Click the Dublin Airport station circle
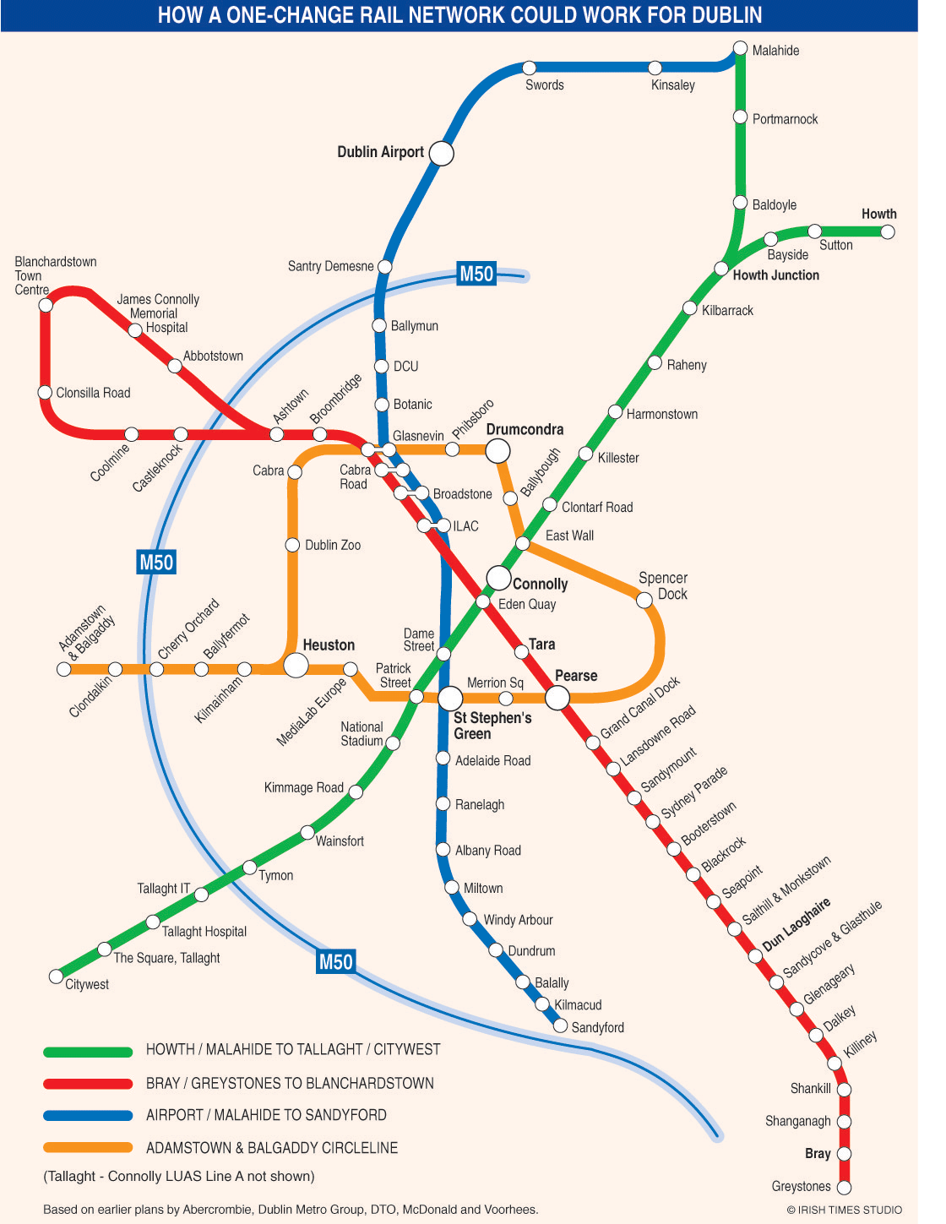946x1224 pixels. [441, 153]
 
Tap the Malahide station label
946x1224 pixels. [775, 51]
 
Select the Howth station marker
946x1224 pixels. [887, 231]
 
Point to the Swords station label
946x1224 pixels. [544, 85]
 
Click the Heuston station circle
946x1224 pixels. [296, 665]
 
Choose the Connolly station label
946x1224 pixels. [540, 584]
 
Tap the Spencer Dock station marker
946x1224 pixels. [644, 600]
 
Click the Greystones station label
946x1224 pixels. [801, 1187]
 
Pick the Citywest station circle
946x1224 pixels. [57, 976]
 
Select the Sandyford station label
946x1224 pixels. [597, 1028]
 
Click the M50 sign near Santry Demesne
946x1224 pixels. [476, 274]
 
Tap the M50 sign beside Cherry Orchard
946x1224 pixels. [156, 562]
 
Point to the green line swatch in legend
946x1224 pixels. [88, 1052]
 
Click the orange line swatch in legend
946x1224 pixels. [88, 1147]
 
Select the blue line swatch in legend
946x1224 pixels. [88, 1115]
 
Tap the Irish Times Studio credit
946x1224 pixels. [844, 1210]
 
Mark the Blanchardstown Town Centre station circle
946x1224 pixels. [46, 305]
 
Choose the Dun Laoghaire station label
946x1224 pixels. [796, 924]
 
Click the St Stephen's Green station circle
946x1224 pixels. [450, 698]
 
